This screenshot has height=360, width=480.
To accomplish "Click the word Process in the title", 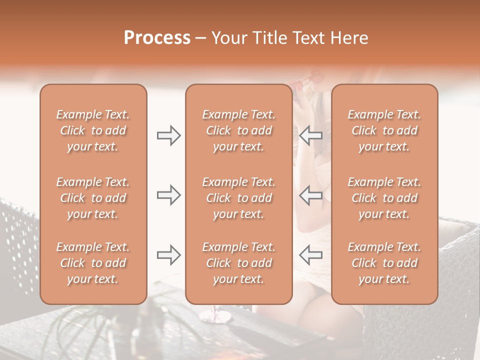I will [x=157, y=38].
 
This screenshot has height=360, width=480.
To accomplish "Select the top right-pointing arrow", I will [x=169, y=135].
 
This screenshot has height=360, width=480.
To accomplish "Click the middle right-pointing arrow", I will [x=169, y=195].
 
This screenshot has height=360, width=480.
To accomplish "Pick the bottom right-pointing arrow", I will [x=169, y=255].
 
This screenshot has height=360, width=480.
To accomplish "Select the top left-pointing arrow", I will [x=310, y=135].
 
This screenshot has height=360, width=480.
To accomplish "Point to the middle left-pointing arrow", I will [x=310, y=195].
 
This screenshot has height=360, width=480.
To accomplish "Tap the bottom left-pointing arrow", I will [x=310, y=255].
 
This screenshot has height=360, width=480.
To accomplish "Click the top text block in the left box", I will [x=93, y=130].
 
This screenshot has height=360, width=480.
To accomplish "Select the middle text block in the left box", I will [x=93, y=198].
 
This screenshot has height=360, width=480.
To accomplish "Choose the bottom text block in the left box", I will [x=93, y=263].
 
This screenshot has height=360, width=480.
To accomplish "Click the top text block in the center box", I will [x=238, y=130].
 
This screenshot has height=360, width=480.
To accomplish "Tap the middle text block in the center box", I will [x=238, y=198].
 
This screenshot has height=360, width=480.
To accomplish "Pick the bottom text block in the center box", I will [x=238, y=263].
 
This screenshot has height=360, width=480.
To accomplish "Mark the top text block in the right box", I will [x=384, y=130].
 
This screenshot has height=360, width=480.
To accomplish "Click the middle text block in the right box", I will [x=384, y=198].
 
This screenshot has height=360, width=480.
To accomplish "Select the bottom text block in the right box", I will [x=384, y=263].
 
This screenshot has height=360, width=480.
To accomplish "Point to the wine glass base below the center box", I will [x=215, y=316].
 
